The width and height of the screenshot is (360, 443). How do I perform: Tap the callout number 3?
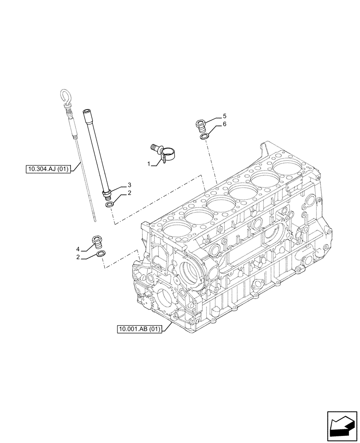(x=129, y=184)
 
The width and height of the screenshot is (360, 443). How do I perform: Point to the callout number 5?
(x=224, y=116)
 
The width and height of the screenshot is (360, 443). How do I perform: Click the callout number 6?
(x=224, y=124)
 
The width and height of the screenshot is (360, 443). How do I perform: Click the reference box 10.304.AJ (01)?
(x=49, y=168)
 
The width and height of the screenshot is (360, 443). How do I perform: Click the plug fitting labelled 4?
(x=97, y=242)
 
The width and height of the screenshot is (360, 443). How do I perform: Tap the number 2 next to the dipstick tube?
(x=129, y=193)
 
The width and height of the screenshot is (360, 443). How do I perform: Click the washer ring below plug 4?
(x=101, y=254)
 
